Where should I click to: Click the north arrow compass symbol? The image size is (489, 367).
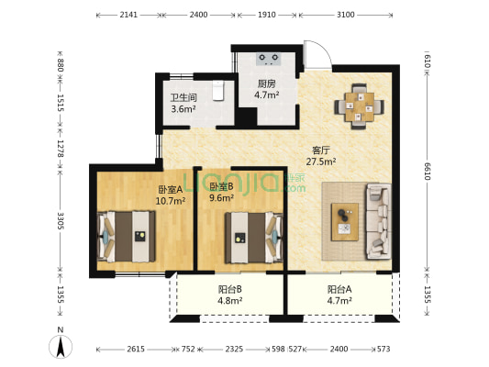(61, 347)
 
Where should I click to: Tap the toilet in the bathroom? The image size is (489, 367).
(218, 91)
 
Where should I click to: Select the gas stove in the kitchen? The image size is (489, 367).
(269, 59)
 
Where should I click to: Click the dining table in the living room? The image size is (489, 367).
(360, 106)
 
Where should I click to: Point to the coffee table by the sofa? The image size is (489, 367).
(345, 222)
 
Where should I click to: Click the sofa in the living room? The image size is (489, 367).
(379, 221)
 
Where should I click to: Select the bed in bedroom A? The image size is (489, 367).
(127, 237)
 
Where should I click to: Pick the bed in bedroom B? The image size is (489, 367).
(254, 238)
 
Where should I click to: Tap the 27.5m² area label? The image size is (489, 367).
(321, 161)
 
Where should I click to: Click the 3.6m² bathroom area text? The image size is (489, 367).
(183, 109)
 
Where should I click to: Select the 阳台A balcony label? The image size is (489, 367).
(339, 290)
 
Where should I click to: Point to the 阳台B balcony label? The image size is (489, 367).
(230, 290)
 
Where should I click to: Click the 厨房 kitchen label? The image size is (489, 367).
(266, 83)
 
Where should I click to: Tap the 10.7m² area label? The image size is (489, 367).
(171, 201)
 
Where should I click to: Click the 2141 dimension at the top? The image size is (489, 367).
(128, 15)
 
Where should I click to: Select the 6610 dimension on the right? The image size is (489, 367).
(427, 172)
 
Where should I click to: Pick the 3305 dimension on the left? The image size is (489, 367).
(61, 221)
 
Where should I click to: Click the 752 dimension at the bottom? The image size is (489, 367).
(188, 349)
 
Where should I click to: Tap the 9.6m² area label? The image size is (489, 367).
(222, 198)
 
